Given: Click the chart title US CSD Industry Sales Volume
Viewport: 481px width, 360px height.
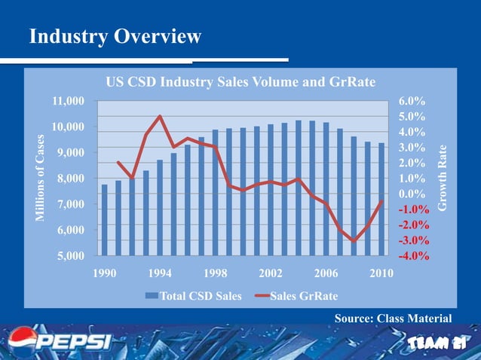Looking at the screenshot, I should pyautogui.click(x=240, y=82).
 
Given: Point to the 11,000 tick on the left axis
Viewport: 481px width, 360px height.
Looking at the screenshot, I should pyautogui.click(x=67, y=101).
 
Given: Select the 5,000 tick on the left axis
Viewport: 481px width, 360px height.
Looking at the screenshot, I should pyautogui.click(x=70, y=256).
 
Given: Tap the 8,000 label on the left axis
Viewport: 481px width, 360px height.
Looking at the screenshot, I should pyautogui.click(x=70, y=178).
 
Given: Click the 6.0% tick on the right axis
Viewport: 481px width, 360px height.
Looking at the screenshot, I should pyautogui.click(x=412, y=101).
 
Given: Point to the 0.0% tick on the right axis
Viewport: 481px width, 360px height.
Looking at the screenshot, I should pyautogui.click(x=412, y=194).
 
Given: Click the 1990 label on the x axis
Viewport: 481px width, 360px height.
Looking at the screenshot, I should pyautogui.click(x=105, y=273).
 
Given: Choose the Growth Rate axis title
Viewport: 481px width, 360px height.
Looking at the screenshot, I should pyautogui.click(x=443, y=178).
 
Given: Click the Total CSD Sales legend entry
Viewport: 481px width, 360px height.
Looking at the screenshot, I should pyautogui.click(x=194, y=295).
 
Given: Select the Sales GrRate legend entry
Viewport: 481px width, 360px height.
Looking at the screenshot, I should pyautogui.click(x=296, y=295).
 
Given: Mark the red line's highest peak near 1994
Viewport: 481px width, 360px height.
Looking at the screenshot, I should pyautogui.click(x=160, y=116).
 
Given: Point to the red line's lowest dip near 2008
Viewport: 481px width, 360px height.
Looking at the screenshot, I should pyautogui.click(x=354, y=241).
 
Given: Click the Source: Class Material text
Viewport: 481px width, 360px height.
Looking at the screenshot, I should pyautogui.click(x=393, y=319).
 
